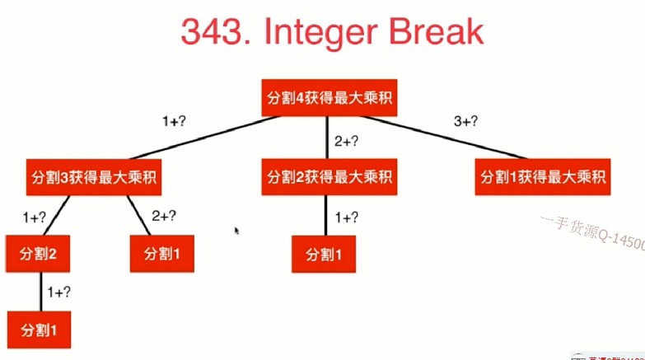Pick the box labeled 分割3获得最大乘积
point(94,176)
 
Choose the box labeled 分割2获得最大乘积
point(328,176)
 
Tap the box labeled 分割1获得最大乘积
point(544,176)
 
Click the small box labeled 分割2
point(37,253)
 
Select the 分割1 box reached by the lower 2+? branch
point(161,253)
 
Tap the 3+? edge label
point(465,122)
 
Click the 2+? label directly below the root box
point(345,142)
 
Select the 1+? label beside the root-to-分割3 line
point(174,122)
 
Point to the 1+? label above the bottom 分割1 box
point(58,291)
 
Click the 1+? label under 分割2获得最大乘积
point(346,217)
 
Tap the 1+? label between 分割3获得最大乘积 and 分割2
point(34,217)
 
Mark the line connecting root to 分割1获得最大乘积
point(461,138)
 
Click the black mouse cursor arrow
point(236,231)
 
